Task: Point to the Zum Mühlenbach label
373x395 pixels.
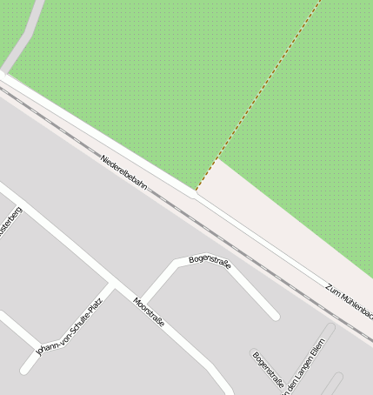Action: click(x=350, y=298)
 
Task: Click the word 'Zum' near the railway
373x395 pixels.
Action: click(x=334, y=287)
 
